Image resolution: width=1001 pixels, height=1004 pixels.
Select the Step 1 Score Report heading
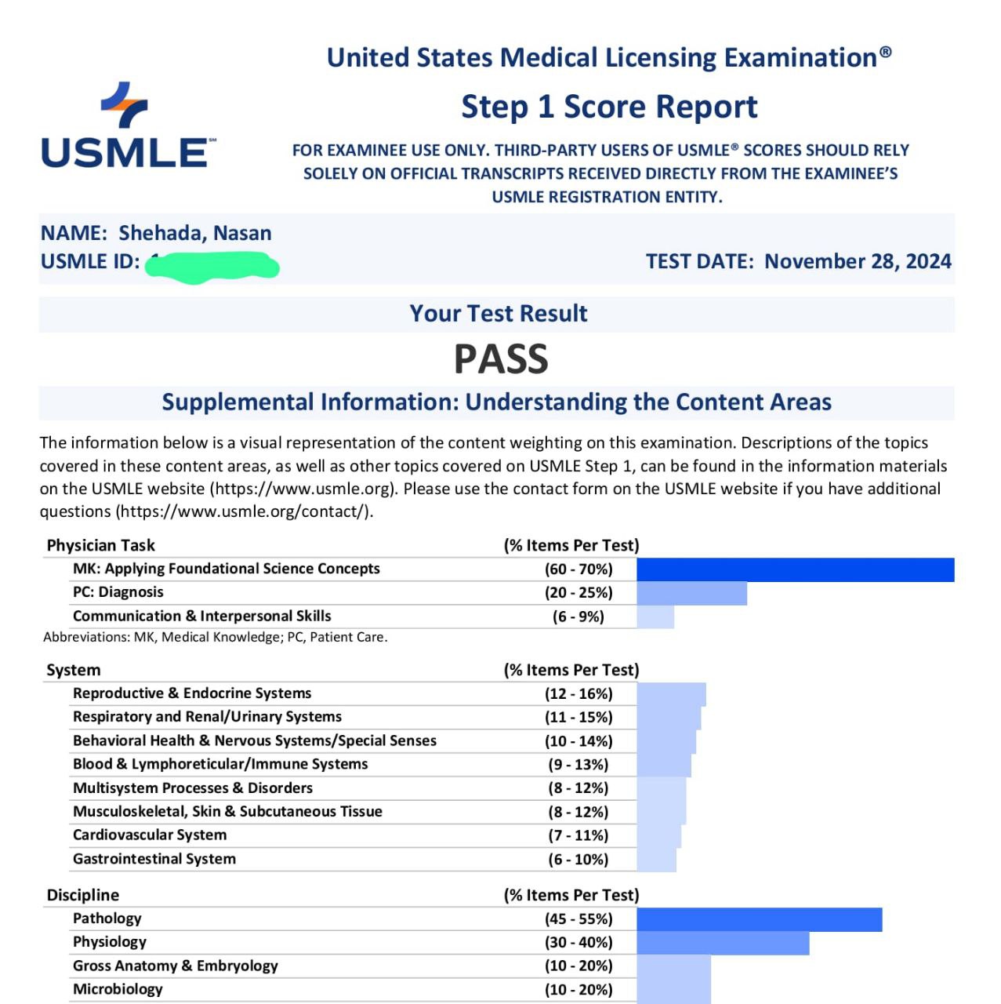[609, 107]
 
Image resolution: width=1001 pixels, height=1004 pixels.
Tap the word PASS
[500, 359]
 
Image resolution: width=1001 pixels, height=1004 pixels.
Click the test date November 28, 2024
[858, 261]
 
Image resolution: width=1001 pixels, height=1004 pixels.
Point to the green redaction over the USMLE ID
[212, 266]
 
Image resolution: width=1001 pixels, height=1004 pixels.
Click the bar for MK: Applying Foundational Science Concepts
[795, 569]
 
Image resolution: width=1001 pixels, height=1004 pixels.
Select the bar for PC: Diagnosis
[691, 593]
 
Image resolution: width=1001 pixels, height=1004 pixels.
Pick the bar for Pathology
[759, 919]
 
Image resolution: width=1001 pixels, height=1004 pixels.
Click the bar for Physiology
[723, 943]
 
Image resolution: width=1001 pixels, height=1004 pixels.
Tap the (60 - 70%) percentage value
[578, 569]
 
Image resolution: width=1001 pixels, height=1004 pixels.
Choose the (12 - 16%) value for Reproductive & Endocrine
[578, 694]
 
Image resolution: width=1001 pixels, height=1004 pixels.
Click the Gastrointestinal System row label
[154, 859]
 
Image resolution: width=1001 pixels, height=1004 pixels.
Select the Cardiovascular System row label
[150, 835]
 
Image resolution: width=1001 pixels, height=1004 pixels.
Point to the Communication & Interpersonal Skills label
[202, 617]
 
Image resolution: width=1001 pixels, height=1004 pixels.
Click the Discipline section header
[83, 895]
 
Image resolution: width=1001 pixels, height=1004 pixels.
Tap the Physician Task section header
[101, 545]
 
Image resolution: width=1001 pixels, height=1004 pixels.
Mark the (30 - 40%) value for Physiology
[578, 943]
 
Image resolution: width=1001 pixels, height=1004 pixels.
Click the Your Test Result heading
[498, 314]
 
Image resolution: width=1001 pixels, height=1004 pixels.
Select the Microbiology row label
[118, 990]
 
